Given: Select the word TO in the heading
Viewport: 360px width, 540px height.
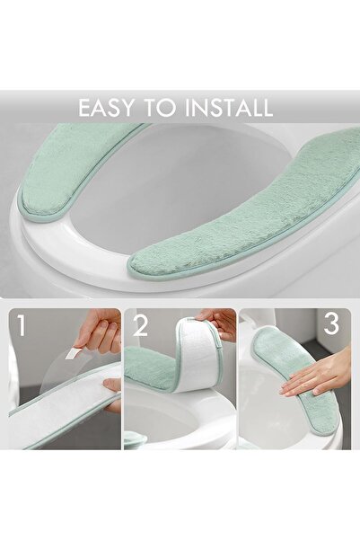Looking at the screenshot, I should click(161, 109).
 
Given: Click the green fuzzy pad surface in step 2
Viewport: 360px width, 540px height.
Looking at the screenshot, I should click(148, 368).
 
